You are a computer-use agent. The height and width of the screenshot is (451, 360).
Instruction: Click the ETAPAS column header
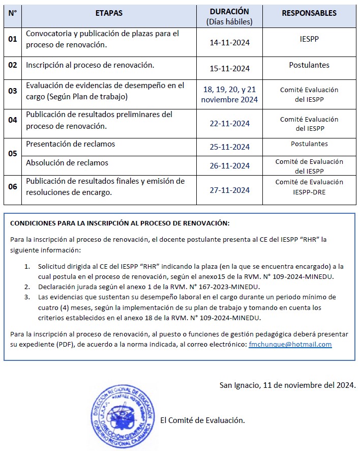click(x=109, y=13)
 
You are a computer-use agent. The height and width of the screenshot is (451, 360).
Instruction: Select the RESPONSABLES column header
click(x=309, y=13)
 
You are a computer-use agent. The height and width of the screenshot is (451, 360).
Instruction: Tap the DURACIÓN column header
click(x=229, y=11)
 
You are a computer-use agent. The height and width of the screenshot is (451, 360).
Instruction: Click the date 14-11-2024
click(x=229, y=42)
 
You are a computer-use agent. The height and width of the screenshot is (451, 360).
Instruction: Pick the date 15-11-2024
click(x=229, y=69)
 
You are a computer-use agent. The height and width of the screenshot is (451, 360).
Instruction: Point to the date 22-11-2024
click(x=229, y=123)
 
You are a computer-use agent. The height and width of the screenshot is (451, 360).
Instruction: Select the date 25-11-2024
click(x=229, y=147)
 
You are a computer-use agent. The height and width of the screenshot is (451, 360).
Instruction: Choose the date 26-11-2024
click(x=229, y=166)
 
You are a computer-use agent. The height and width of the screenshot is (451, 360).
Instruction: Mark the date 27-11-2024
click(x=229, y=190)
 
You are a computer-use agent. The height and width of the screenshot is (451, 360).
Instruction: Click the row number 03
click(x=13, y=91)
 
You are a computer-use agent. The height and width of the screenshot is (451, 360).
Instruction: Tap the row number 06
click(x=13, y=186)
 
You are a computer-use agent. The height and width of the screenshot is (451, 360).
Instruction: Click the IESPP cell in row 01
click(x=309, y=39)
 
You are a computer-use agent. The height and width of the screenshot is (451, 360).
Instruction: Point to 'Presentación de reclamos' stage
click(x=70, y=144)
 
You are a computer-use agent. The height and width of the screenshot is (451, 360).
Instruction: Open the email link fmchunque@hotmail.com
click(x=290, y=345)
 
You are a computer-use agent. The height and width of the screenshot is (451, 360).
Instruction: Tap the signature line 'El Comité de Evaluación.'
click(x=202, y=420)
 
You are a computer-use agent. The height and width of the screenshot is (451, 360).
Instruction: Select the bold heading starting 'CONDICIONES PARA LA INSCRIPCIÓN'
click(x=120, y=223)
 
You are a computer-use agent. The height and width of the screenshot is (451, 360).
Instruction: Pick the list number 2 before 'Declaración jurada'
click(x=27, y=287)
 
